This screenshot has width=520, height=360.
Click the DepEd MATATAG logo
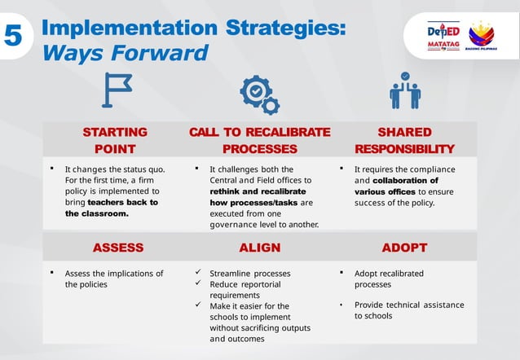pos(444,37)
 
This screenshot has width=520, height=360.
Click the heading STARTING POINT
pos(115,140)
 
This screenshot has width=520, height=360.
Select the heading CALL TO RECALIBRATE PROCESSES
pos(259,140)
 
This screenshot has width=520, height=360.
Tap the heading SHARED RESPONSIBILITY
pos(405,140)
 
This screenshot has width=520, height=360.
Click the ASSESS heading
pos(117,248)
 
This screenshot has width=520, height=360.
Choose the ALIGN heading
pos(259,248)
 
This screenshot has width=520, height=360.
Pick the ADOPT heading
pos(405,248)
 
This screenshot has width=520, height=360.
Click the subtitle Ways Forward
pos(125,54)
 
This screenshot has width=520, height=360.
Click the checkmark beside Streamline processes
pos(199,273)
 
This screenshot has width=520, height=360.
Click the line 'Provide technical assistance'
pos(409,305)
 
